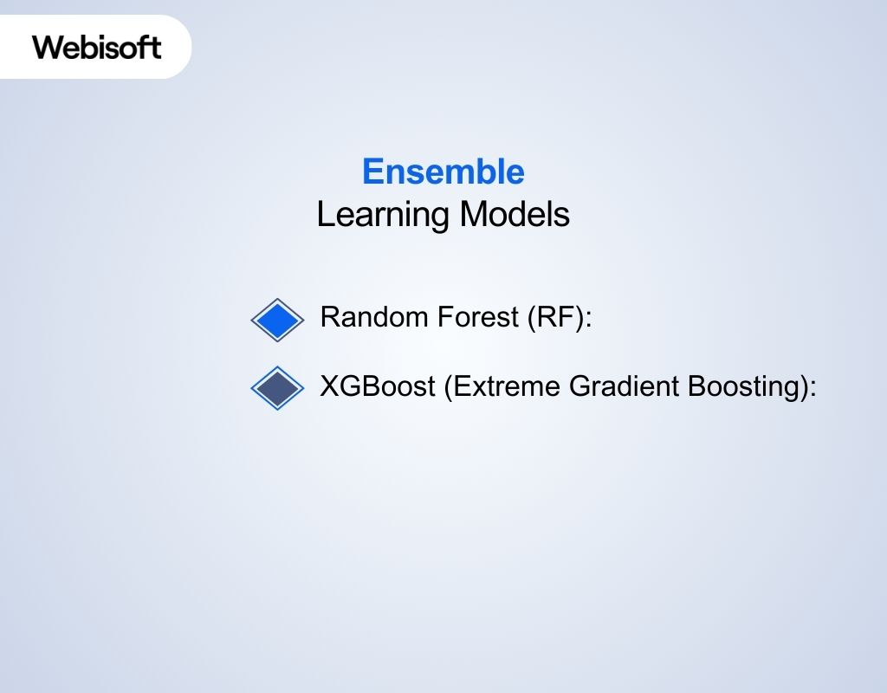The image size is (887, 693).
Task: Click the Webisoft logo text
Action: point(97,47)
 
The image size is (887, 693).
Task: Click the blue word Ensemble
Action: point(443,172)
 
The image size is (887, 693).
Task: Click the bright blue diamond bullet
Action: point(277,321)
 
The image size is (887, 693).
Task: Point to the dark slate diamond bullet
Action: point(277,387)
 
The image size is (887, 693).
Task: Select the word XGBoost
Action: point(377,386)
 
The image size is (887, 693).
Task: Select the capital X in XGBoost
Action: point(329,386)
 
